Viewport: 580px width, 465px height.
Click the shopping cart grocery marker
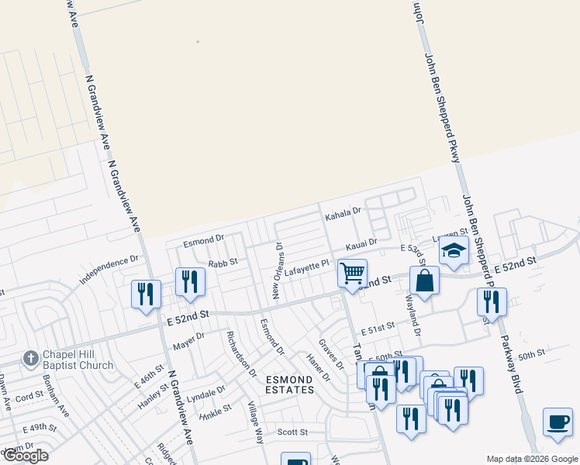point(353,274)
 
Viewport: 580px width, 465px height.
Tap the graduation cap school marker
point(453,251)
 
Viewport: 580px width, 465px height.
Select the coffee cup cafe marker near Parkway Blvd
point(558,422)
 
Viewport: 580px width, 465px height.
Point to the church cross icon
point(29,359)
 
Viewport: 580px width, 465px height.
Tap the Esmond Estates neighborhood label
point(290,384)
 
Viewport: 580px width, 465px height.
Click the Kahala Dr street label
point(343,211)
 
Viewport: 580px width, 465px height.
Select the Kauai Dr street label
point(361,243)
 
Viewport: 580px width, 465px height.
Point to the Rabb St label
point(222,262)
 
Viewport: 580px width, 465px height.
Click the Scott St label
point(293,432)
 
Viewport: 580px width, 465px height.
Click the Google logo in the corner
point(26,456)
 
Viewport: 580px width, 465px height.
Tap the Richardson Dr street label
point(240,353)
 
